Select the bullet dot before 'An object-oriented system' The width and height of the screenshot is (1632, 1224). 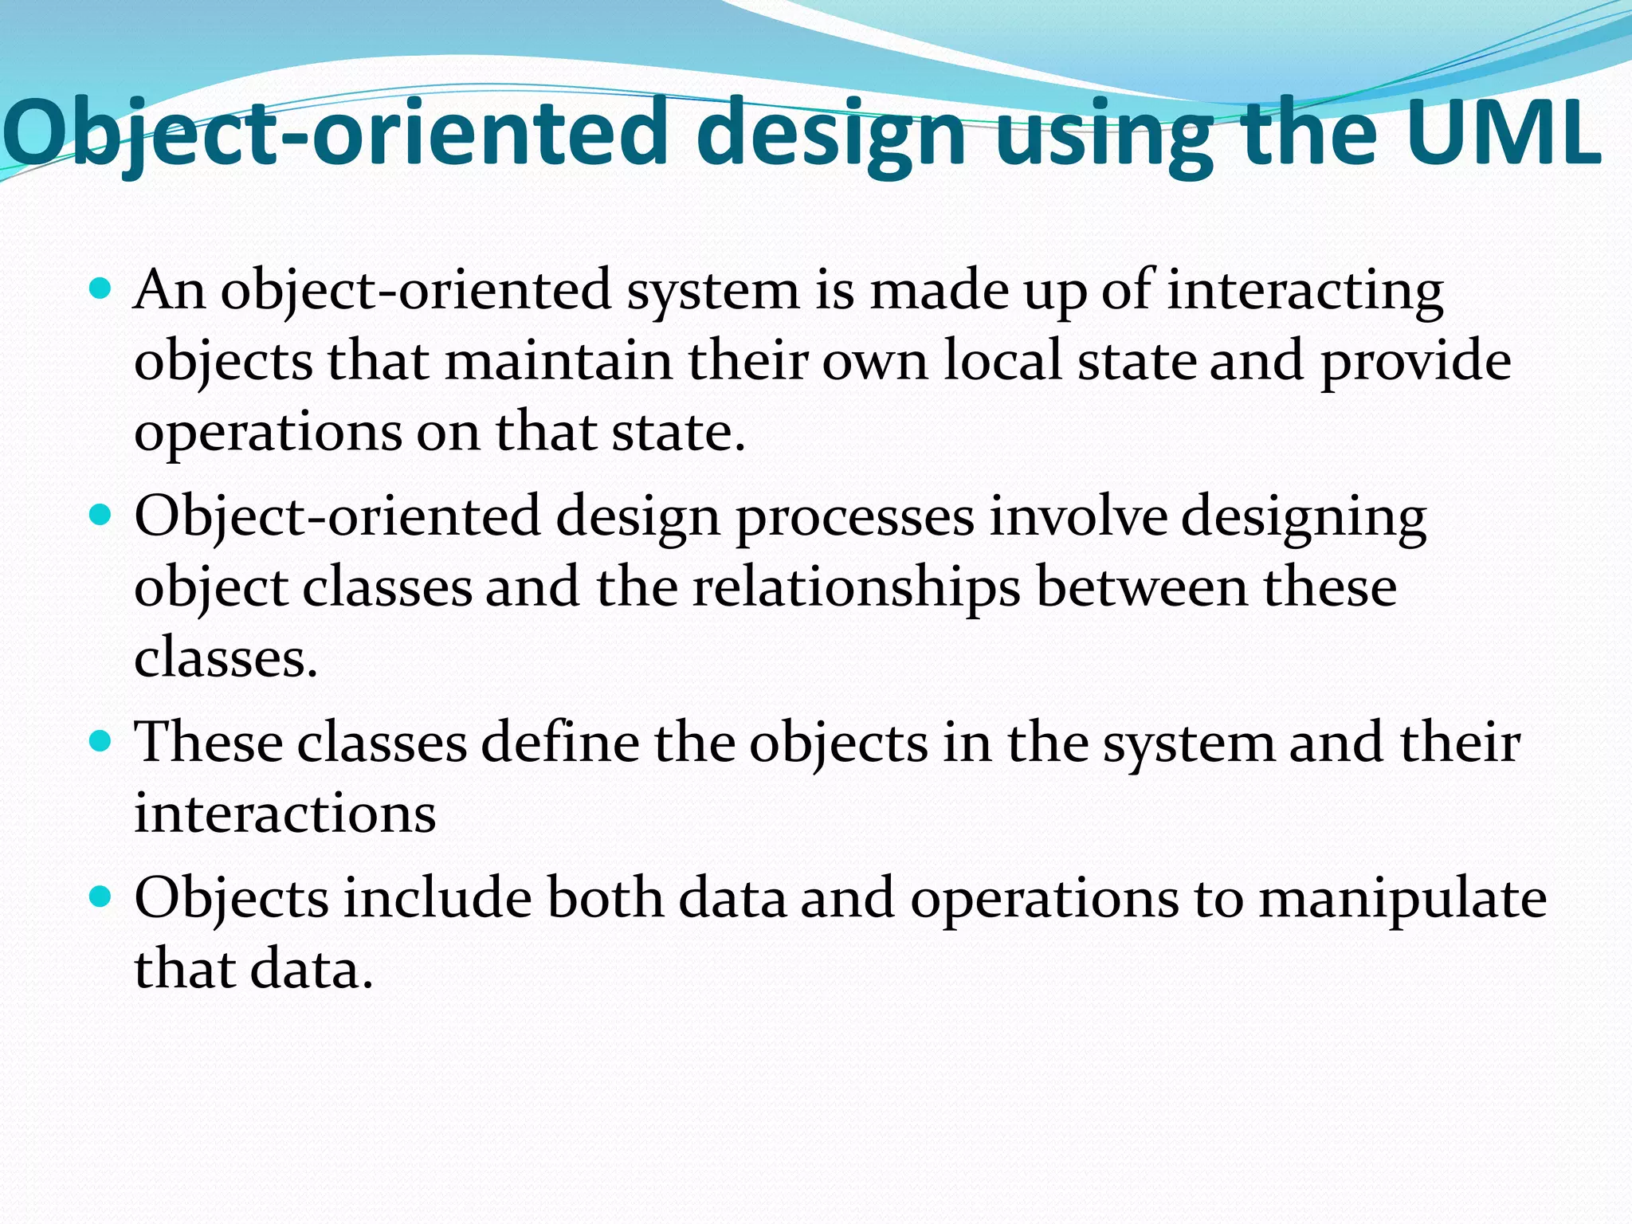click(x=100, y=288)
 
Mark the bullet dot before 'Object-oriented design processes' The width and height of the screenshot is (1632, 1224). click(x=100, y=516)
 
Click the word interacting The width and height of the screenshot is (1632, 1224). click(x=1305, y=290)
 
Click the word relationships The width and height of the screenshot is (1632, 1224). click(x=856, y=588)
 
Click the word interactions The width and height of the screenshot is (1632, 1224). click(x=284, y=813)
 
